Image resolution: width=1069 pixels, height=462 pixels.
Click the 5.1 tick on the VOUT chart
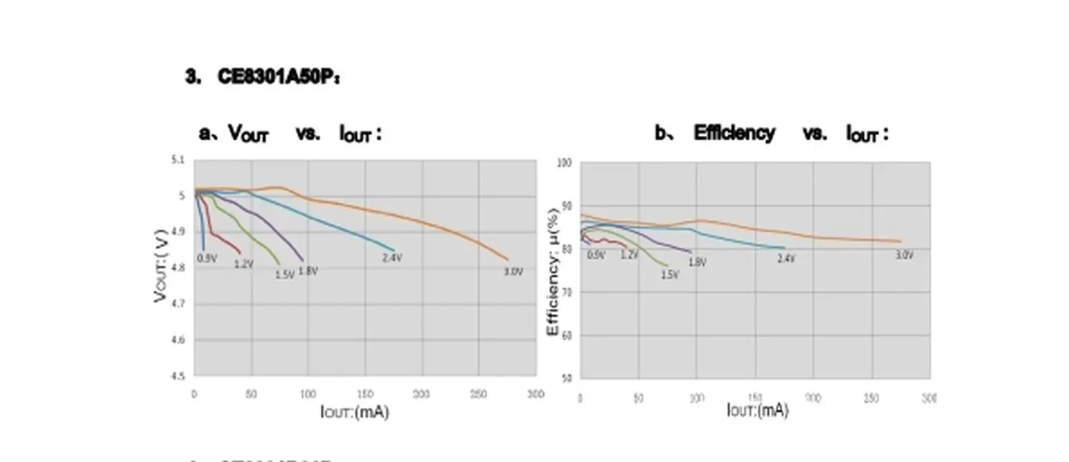tap(178, 160)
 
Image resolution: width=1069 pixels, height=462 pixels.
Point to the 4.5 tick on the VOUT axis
tap(178, 376)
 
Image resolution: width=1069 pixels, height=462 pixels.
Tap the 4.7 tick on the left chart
tap(178, 304)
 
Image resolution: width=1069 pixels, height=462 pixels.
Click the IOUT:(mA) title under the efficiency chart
tap(757, 410)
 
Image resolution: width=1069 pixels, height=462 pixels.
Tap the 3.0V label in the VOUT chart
tap(512, 272)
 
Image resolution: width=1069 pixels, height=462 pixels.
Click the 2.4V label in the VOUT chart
tap(392, 257)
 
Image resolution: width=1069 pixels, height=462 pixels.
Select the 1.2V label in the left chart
tap(244, 264)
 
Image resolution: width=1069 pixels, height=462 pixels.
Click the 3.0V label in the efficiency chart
tap(904, 255)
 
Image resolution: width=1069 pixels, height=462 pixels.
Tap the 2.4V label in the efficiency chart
tap(786, 258)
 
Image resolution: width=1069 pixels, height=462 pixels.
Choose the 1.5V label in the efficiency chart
tap(670, 274)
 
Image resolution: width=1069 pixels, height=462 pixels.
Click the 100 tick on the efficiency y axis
tap(565, 163)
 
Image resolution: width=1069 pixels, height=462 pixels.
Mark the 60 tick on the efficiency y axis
tap(566, 336)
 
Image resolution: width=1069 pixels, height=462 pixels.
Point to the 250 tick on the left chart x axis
tap(478, 394)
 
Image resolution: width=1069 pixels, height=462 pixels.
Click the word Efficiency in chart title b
tap(734, 133)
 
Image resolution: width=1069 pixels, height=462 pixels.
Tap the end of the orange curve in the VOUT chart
tap(507, 259)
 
